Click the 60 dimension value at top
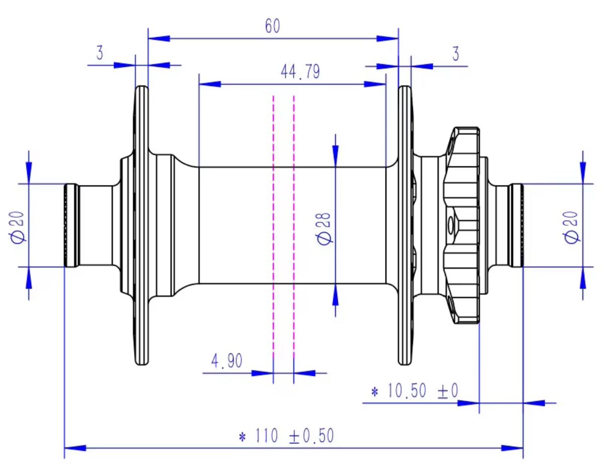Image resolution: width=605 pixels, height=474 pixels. [x=272, y=27]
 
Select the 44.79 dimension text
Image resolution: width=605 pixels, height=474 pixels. [x=300, y=72]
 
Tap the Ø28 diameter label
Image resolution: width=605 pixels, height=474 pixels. [x=325, y=227]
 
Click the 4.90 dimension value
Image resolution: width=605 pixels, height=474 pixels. [x=227, y=361]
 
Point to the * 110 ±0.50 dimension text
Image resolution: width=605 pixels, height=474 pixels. [x=285, y=436]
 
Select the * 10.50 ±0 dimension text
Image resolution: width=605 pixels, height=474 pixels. [x=414, y=391]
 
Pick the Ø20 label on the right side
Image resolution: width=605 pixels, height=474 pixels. [x=572, y=227]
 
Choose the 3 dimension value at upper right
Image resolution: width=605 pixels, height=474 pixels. [x=456, y=54]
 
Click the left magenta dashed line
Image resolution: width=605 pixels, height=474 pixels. [x=273, y=226]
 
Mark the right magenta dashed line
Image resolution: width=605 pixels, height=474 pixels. [x=293, y=226]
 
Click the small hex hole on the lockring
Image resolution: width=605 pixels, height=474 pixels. [x=449, y=224]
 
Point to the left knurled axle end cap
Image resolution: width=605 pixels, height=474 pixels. [x=70, y=225]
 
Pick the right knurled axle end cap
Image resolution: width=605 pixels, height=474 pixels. [x=517, y=225]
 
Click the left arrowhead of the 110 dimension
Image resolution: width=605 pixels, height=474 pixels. [x=75, y=447]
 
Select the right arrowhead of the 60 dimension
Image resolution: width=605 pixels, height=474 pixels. [x=388, y=38]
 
